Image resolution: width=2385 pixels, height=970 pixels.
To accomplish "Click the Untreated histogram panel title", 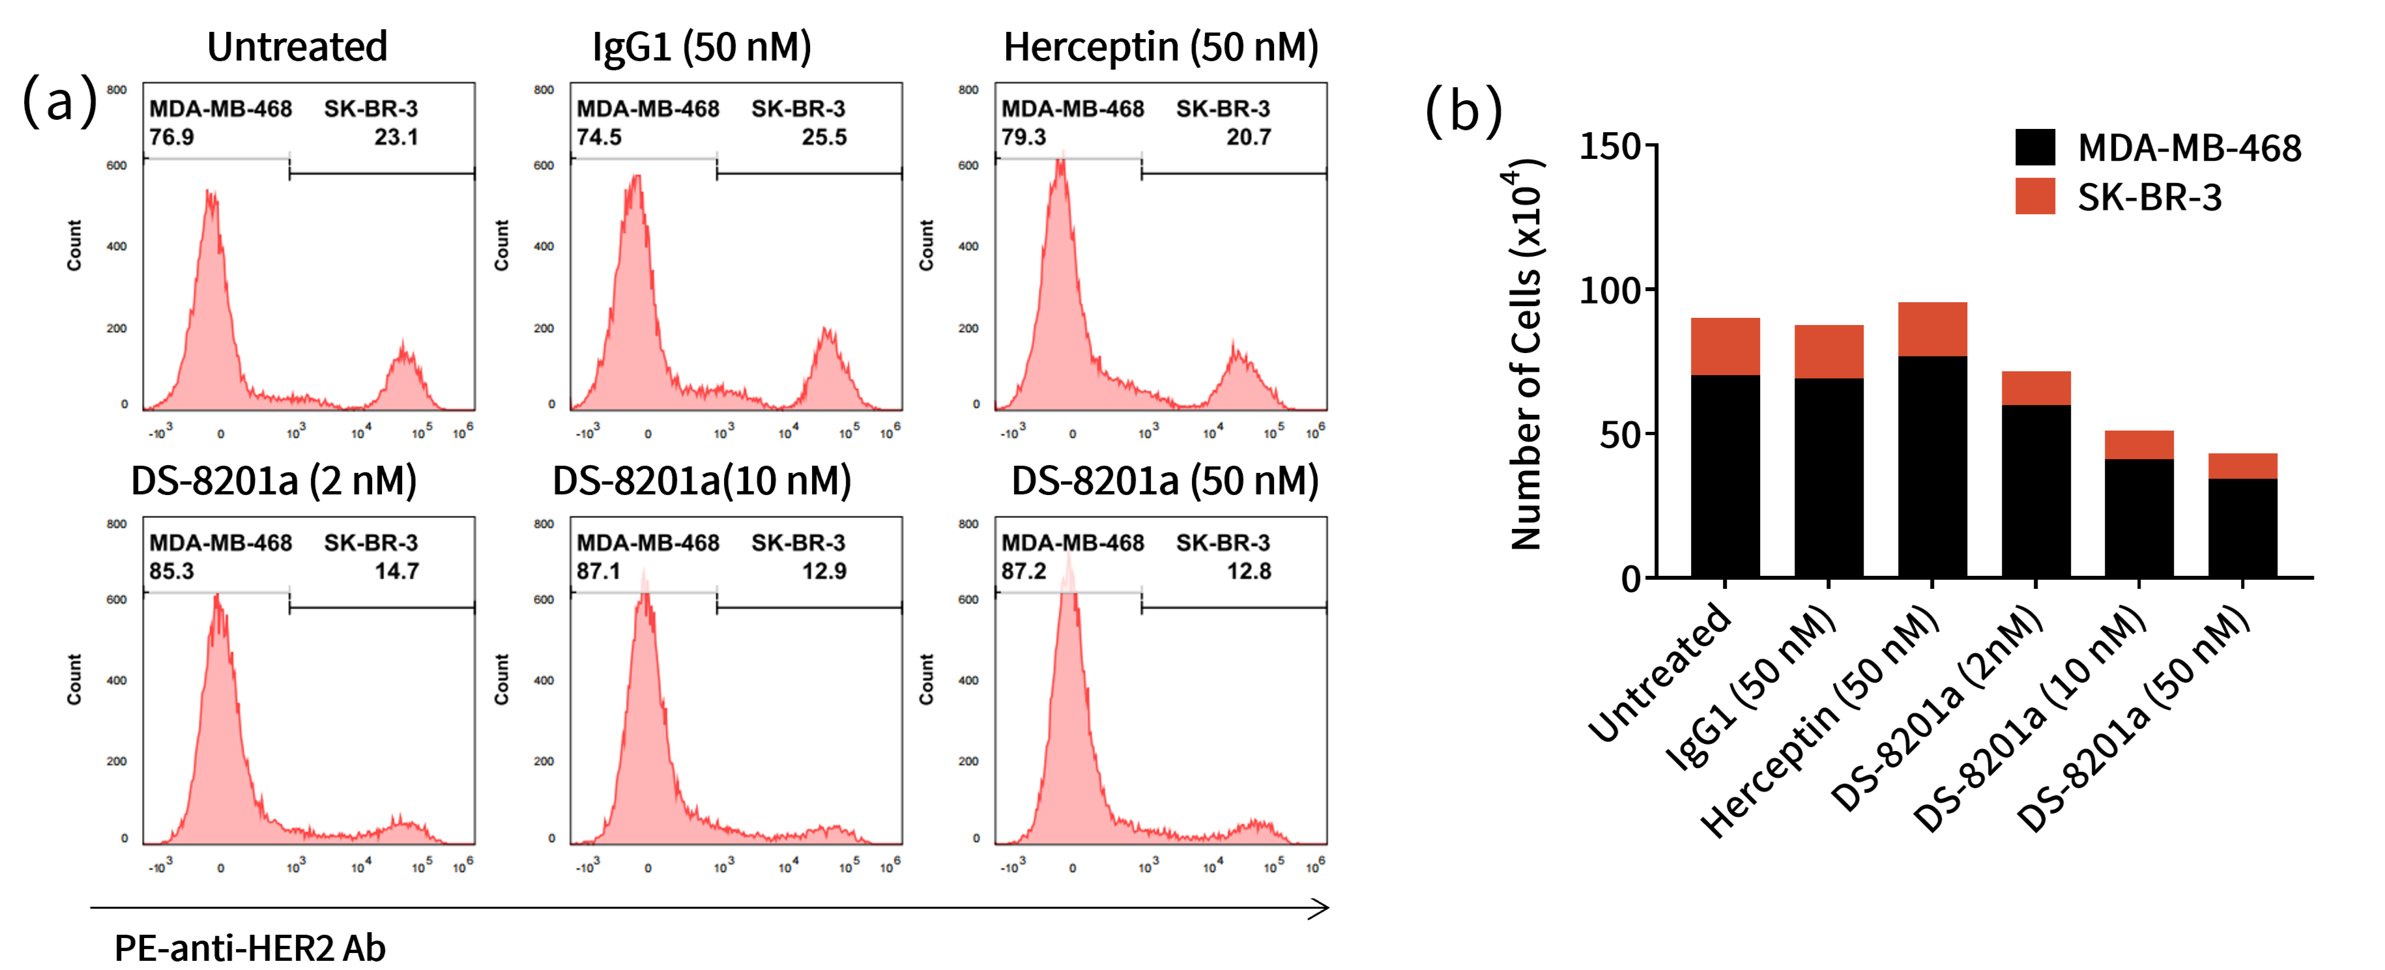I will pyautogui.click(x=296, y=46).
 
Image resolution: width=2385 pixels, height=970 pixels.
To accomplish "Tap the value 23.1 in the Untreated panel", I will pyautogui.click(x=396, y=137).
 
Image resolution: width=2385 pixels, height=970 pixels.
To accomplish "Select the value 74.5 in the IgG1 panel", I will pyautogui.click(x=599, y=137).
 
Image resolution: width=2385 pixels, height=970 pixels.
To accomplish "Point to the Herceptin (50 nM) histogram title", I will pyautogui.click(x=1161, y=46).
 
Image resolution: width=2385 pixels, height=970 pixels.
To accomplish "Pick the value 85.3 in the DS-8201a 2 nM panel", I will pyautogui.click(x=172, y=571).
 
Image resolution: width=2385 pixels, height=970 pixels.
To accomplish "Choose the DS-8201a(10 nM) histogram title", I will pyautogui.click(x=702, y=480).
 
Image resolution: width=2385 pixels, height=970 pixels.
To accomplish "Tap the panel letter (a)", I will pyautogui.click(x=59, y=100).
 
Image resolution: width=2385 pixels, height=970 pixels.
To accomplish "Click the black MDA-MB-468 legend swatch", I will pyautogui.click(x=2035, y=147).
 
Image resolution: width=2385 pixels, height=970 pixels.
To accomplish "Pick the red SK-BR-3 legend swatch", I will pyautogui.click(x=2035, y=196).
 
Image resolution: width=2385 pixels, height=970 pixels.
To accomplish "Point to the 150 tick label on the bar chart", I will pyautogui.click(x=1609, y=146).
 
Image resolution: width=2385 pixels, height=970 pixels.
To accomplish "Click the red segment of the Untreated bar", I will pyautogui.click(x=1725, y=346).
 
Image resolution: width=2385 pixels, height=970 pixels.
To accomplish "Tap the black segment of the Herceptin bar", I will pyautogui.click(x=1932, y=468).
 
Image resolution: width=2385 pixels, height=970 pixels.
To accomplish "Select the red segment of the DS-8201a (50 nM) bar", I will pyautogui.click(x=2242, y=466).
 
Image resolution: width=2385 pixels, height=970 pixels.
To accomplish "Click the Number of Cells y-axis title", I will pyautogui.click(x=1525, y=356).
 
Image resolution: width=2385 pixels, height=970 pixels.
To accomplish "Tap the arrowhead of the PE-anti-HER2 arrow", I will pyautogui.click(x=1321, y=908).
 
